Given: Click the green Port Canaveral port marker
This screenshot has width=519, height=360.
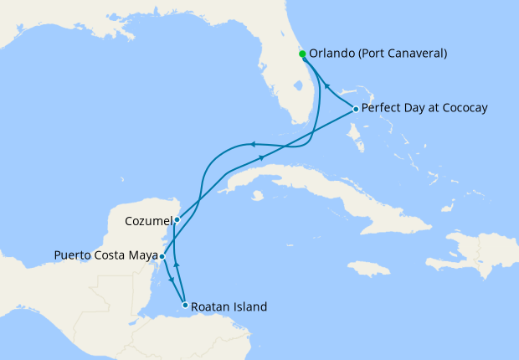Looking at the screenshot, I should coord(302,54).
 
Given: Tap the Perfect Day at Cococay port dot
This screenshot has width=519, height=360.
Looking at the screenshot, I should coord(356,110).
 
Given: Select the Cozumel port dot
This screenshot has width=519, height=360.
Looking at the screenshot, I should coord(177,220).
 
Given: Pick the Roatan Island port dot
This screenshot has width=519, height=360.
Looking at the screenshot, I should coord(185,306).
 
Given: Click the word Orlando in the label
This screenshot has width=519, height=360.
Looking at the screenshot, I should coord(331,54).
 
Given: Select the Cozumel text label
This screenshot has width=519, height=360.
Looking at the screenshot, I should coord(148,221).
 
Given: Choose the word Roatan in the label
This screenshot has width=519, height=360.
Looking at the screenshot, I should coord(210,306).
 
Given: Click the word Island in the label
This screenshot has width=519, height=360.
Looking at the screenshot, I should coord(250,306).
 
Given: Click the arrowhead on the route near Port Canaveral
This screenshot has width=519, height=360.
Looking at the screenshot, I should coord(327,86).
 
